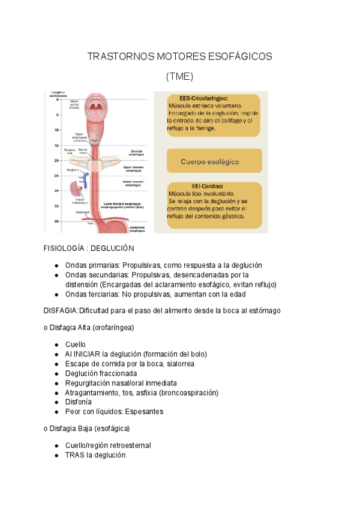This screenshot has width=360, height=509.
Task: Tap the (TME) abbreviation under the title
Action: click(179, 77)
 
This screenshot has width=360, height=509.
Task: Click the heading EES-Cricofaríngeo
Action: click(203, 98)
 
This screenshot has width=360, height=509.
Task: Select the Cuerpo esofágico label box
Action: click(210, 161)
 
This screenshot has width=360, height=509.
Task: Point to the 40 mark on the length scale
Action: click(56, 221)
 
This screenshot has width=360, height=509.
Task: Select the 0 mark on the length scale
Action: click(58, 99)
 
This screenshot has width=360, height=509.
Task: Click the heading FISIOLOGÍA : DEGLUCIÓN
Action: click(89, 248)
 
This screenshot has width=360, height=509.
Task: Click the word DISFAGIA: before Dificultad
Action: click(61, 310)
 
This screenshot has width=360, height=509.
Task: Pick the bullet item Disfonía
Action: click(79, 402)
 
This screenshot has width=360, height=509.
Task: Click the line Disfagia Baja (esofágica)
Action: click(89, 429)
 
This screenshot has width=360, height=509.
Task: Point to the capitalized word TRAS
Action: click(75, 455)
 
